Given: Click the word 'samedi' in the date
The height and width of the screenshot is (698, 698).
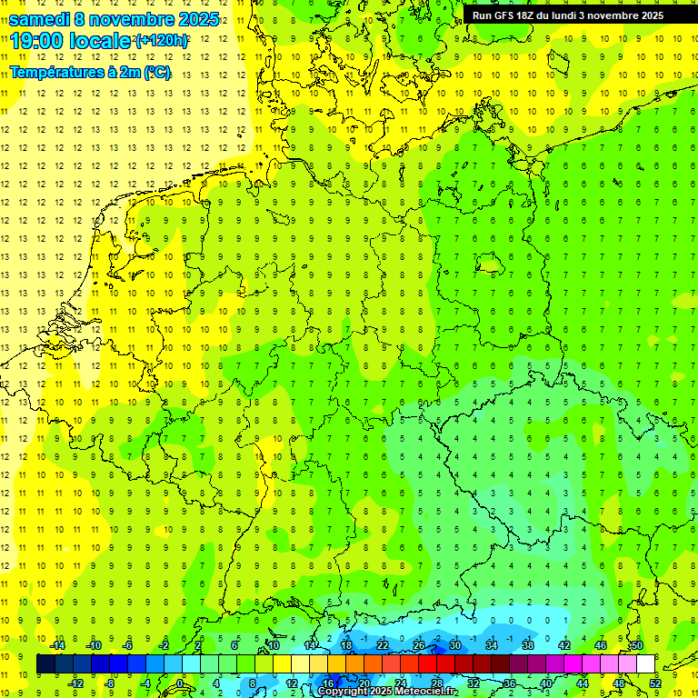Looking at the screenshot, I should (x=41, y=19).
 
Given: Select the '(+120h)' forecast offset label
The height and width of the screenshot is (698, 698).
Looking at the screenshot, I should (x=162, y=41).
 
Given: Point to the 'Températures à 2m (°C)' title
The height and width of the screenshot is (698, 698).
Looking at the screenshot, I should (x=90, y=72).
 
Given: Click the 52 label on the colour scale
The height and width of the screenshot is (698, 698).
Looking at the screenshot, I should (x=655, y=683).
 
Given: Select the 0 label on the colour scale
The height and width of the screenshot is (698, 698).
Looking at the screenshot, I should (x=180, y=683).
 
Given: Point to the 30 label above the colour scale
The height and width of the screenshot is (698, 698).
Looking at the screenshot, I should (x=455, y=645).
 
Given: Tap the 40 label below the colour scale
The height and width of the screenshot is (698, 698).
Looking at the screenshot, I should (x=545, y=683).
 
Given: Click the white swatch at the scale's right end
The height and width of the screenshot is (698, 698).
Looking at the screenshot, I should (x=645, y=664).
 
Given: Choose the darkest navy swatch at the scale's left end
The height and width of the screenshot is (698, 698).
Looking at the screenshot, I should (x=45, y=664).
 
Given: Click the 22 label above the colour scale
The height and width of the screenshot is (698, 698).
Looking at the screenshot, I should (x=383, y=645).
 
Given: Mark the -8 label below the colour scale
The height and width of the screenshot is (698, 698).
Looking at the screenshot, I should (x=109, y=683).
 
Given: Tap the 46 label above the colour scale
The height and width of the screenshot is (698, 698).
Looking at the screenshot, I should (x=601, y=645).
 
